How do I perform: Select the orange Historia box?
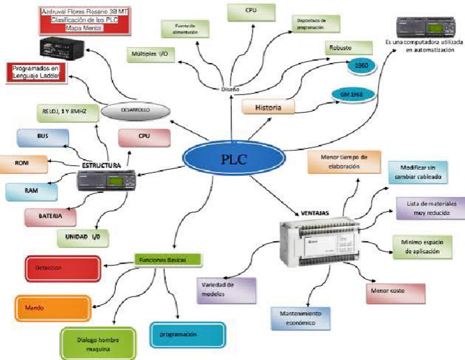coord(268,107)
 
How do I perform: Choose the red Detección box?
coord(53,267)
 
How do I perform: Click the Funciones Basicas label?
coord(167,259)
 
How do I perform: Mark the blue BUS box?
coord(42,138)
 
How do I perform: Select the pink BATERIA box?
coord(50,216)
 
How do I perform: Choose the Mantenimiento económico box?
coord(301,318)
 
